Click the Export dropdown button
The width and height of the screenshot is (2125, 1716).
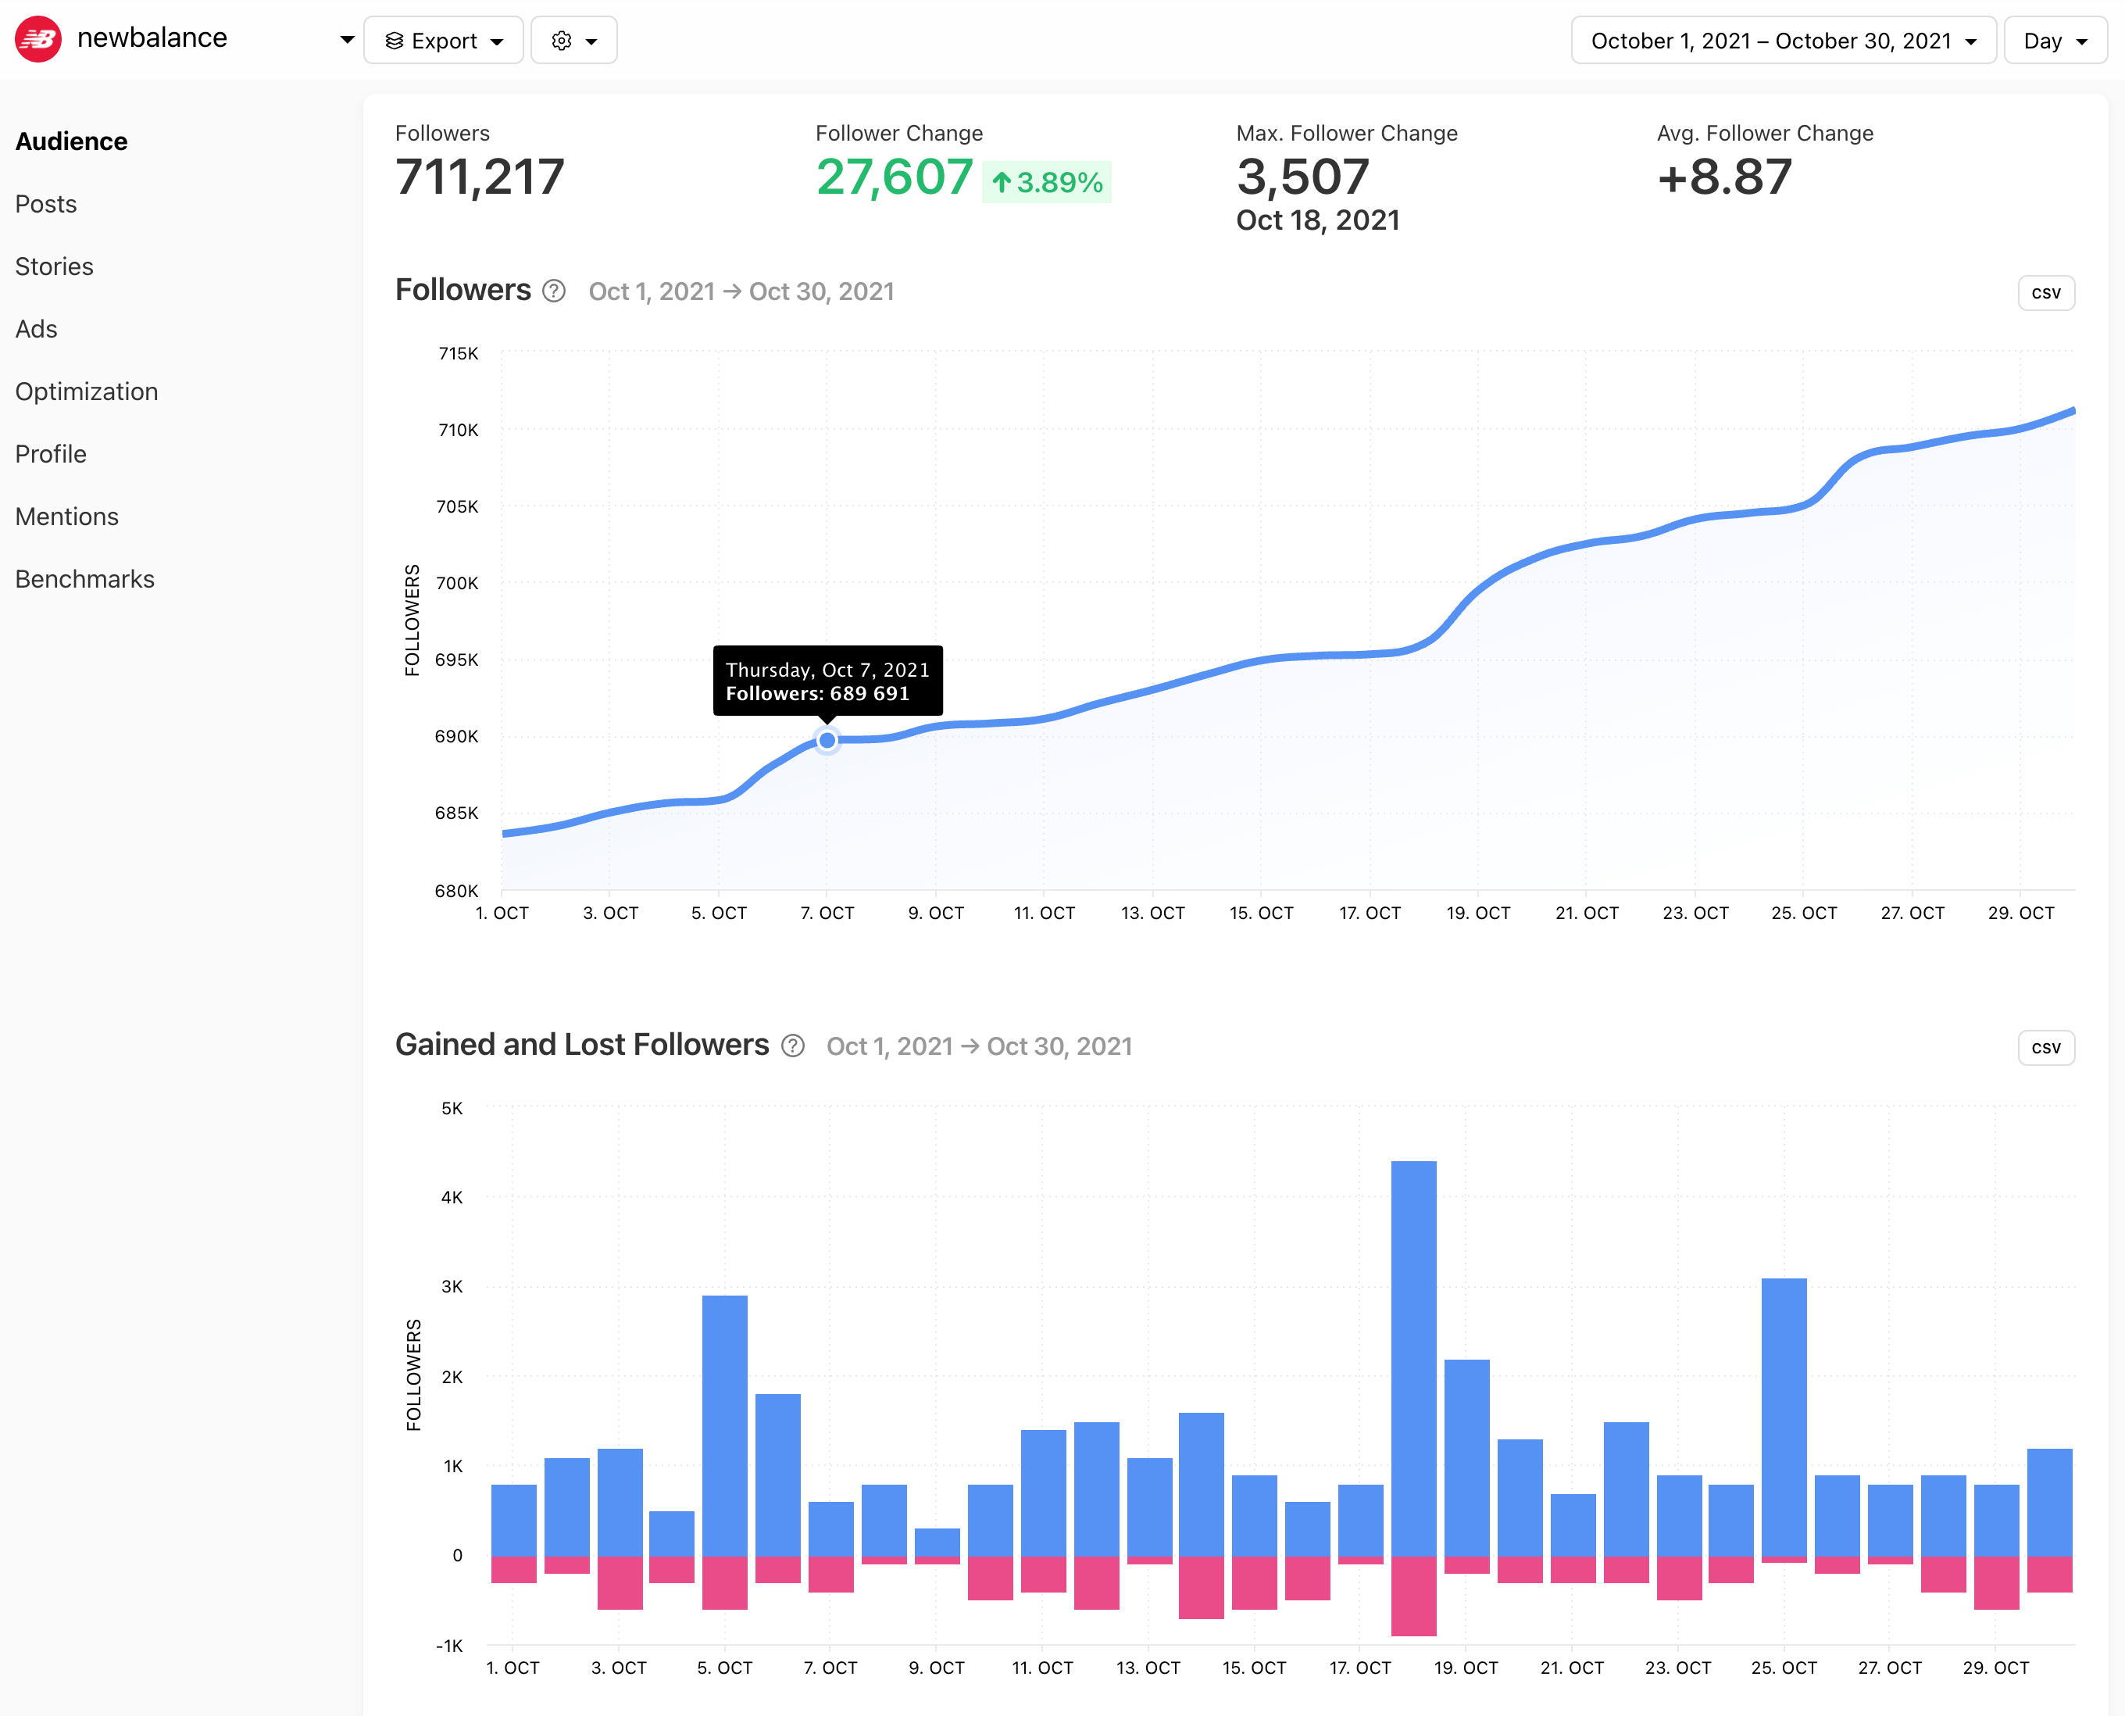443,41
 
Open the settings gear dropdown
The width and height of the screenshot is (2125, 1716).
573,41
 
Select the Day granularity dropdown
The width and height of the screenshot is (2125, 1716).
2054,41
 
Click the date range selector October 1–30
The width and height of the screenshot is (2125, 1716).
1782,41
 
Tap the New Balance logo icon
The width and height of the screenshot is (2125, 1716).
38,38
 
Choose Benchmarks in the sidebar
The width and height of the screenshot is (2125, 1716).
85,579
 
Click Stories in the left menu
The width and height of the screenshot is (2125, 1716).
55,267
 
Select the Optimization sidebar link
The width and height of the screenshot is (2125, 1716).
87,391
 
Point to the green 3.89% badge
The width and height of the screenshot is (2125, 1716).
1047,183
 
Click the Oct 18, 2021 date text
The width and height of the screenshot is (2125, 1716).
1317,220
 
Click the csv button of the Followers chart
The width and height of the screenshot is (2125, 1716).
2045,292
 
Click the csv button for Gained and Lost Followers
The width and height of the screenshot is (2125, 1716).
2045,1048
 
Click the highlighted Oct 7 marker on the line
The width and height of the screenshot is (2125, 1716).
827,740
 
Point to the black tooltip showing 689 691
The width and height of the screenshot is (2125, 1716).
827,681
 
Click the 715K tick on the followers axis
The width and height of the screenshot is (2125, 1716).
458,354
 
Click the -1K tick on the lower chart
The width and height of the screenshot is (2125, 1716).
450,1646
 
